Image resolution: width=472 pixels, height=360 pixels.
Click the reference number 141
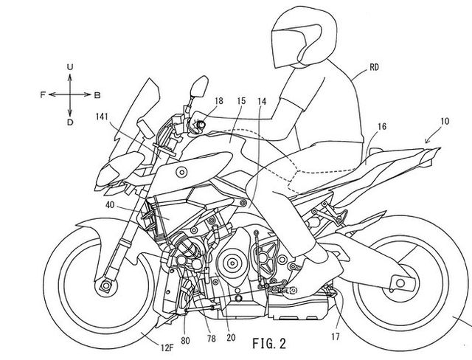coord(102,117)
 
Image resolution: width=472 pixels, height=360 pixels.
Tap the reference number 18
coord(219,101)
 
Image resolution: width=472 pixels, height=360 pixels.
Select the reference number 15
coord(241,101)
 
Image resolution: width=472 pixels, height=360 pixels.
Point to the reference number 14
coord(262,102)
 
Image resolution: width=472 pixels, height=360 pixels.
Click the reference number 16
coord(382,126)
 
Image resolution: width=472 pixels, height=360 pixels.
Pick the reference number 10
coord(445,121)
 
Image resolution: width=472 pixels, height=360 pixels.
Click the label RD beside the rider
coord(374,67)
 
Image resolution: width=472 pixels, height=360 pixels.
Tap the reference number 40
coord(110,205)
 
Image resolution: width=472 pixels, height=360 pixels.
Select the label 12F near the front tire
coord(167,348)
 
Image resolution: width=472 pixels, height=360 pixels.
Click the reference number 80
coord(185,341)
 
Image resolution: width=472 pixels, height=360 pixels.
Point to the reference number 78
coord(212,339)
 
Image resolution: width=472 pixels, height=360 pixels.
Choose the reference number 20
coord(231,338)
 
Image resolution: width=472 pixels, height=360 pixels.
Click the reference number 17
coord(336,336)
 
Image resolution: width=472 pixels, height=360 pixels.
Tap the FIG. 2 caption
coord(268,343)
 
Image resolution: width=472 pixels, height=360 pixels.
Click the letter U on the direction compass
coord(70,67)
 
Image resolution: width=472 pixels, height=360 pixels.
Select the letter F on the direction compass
coord(43,95)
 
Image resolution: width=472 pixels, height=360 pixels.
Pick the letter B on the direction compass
coord(97,95)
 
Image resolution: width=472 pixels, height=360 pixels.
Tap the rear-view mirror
coord(199,87)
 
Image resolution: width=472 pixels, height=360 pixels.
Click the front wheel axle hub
coord(105,285)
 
